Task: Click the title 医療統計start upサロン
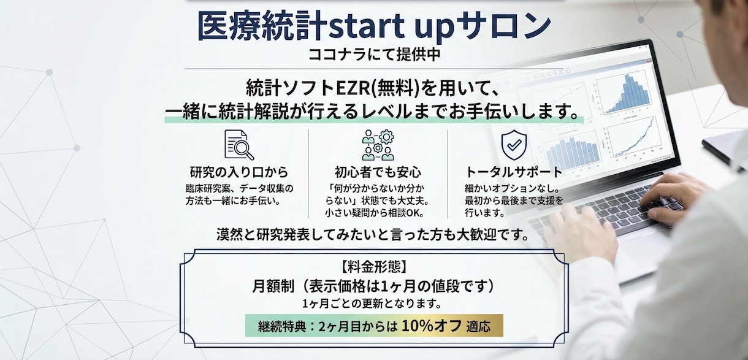point(374,26)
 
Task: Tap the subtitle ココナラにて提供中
point(374,54)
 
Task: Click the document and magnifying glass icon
point(239,145)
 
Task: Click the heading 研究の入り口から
point(239,172)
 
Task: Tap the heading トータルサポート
point(514,172)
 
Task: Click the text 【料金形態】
point(373,267)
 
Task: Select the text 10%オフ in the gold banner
point(432,326)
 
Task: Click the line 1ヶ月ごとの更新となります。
point(373,304)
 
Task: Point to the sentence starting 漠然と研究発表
point(373,234)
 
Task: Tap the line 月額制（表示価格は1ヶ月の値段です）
point(373,286)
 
